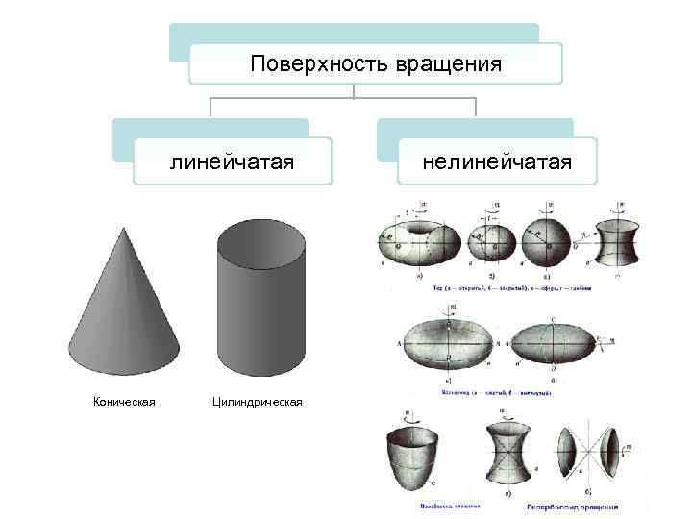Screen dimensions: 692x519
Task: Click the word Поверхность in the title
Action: pyautogui.click(x=307, y=64)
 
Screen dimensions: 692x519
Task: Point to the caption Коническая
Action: pyautogui.click(x=124, y=401)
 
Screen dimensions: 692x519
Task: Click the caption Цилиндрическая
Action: pyautogui.click(x=257, y=401)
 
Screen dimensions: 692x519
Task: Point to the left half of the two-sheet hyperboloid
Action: pyautogui.click(x=570, y=452)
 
